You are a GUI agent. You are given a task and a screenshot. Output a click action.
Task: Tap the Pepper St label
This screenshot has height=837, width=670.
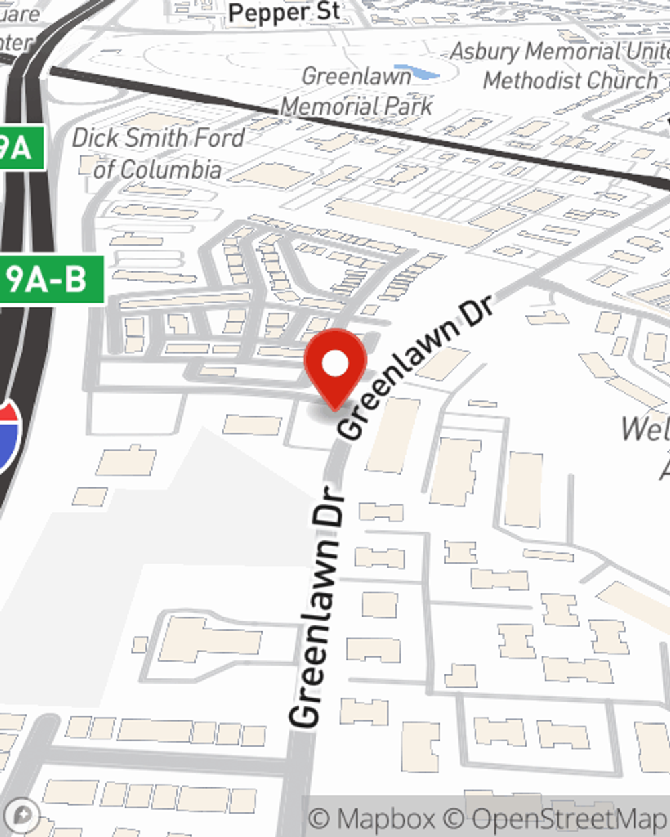tap(283, 13)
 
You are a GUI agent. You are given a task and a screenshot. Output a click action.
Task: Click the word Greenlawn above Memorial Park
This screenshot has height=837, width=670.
tap(356, 76)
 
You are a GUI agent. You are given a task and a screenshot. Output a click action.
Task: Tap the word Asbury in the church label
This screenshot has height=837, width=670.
tap(484, 51)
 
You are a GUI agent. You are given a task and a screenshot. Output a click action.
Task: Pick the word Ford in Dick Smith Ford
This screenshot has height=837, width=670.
tap(213, 138)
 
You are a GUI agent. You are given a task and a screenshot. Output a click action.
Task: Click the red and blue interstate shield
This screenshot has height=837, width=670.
tap(8, 435)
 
